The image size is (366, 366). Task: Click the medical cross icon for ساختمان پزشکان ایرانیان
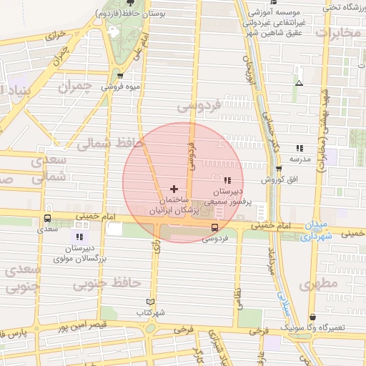click(174, 188)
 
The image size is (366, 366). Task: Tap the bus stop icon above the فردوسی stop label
click(214, 227)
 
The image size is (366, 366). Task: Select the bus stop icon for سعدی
click(47, 219)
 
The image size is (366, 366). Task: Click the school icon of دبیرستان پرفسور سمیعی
click(227, 180)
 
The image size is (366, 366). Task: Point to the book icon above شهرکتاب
click(149, 302)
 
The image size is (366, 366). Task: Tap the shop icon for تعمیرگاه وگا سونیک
click(312, 317)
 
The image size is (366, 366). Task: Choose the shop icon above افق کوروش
click(278, 169)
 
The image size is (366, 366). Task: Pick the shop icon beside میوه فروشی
click(119, 76)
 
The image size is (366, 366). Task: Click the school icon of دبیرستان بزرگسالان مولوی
click(79, 236)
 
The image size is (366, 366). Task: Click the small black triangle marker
click(299, 83)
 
